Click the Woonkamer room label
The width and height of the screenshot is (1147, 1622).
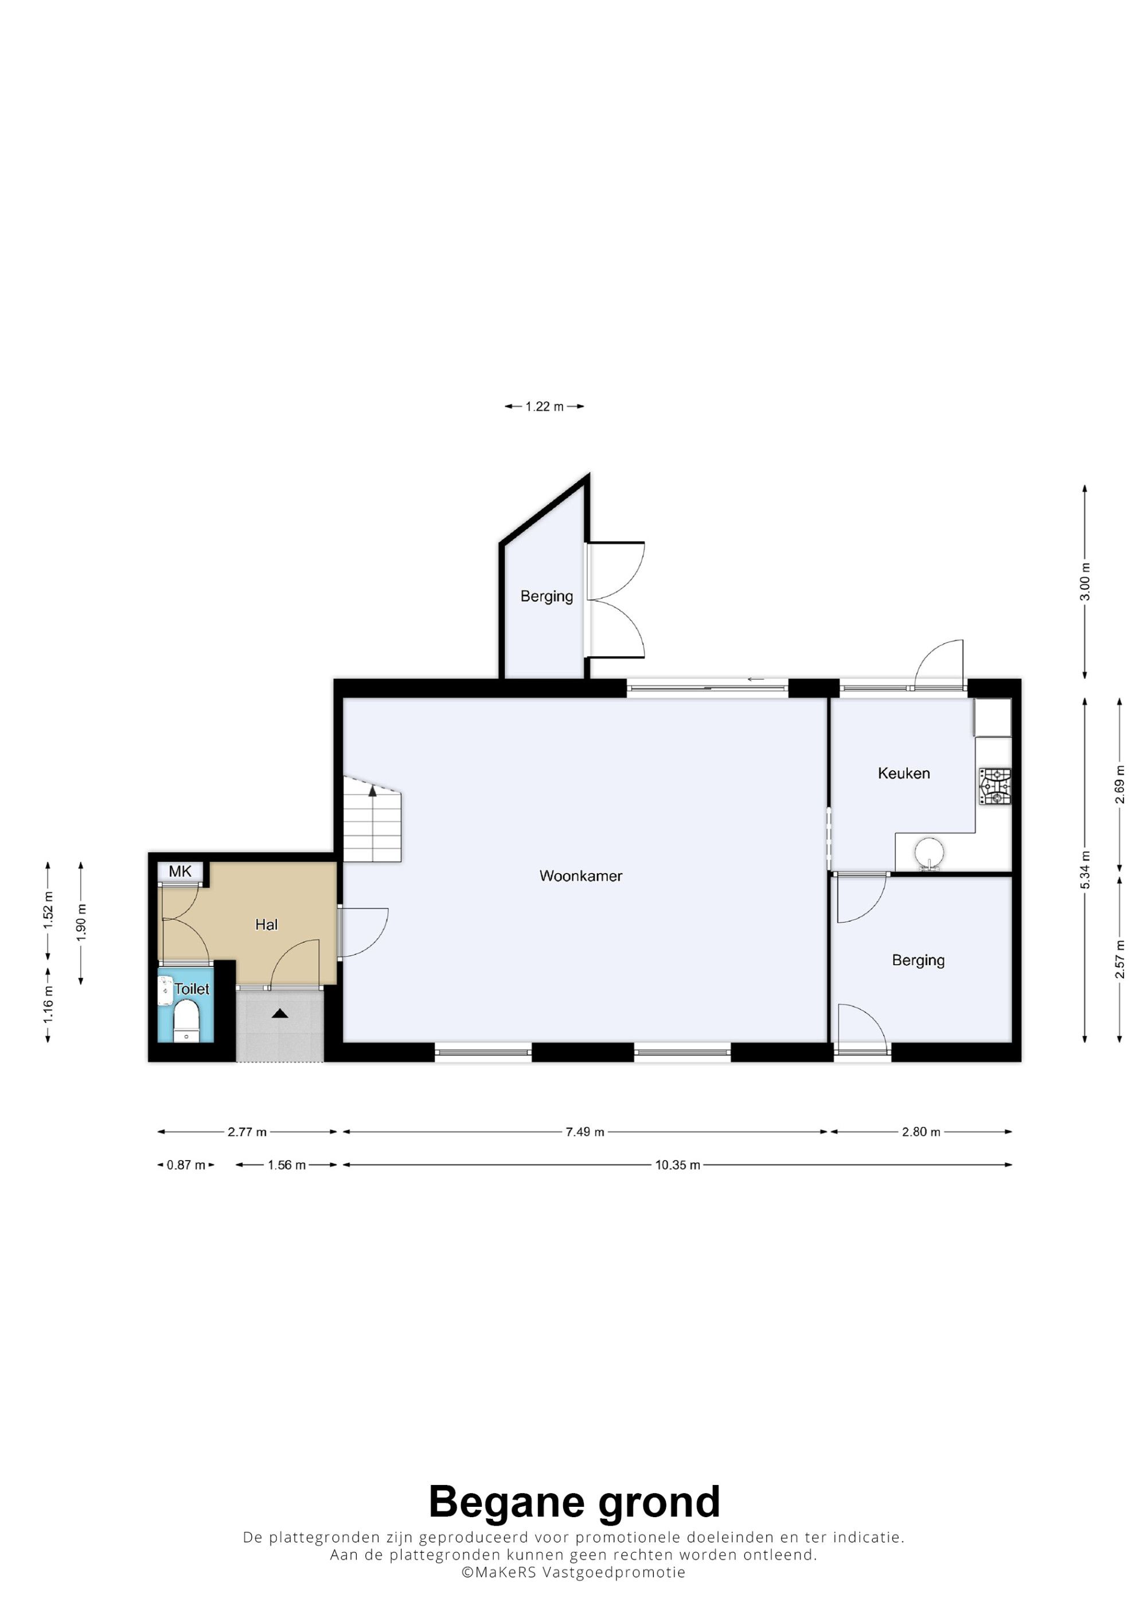click(580, 876)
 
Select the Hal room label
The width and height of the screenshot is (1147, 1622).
click(267, 924)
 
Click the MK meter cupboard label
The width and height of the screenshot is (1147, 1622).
click(180, 871)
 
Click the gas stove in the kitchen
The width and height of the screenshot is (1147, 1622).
click(994, 786)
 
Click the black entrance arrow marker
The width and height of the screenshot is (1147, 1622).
click(280, 1013)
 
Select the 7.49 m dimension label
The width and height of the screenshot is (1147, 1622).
click(585, 1132)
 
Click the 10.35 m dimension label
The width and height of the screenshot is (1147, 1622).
click(678, 1165)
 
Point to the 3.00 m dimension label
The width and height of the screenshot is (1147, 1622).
click(1086, 582)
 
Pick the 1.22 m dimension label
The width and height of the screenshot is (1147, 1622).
click(544, 406)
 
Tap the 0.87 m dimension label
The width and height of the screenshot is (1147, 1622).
click(186, 1165)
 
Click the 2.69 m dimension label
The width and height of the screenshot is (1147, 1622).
click(1120, 785)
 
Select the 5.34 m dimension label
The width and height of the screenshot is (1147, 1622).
click(1086, 871)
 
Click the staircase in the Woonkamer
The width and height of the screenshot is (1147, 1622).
click(372, 819)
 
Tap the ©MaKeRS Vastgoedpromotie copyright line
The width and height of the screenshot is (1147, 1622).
click(573, 1573)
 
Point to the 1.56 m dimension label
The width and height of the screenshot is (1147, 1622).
click(286, 1165)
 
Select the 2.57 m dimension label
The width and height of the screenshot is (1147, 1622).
click(1120, 959)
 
